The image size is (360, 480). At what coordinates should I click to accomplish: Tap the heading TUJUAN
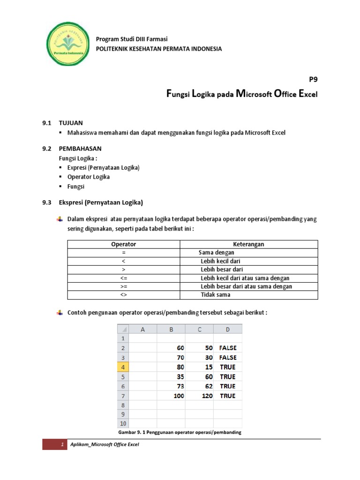coord(70,123)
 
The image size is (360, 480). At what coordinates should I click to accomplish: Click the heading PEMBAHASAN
coord(80,149)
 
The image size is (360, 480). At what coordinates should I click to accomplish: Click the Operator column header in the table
coord(123,244)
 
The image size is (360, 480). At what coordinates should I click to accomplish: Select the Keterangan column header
coord(248,244)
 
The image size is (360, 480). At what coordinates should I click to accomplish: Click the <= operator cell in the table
coord(123,278)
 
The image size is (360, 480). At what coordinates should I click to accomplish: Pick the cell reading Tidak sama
coord(216,295)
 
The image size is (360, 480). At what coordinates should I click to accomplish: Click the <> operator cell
coord(123,295)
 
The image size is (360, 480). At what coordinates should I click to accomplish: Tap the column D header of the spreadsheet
coord(228,329)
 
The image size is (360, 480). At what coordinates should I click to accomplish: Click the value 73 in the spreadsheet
coord(180,386)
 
